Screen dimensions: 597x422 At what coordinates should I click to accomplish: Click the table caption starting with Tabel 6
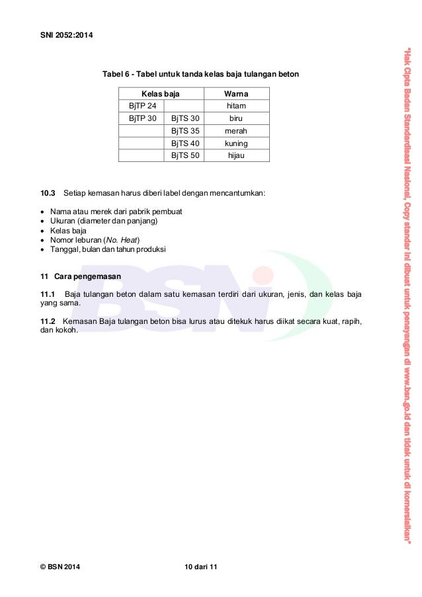click(200, 75)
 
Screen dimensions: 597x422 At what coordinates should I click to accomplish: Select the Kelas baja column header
click(161, 94)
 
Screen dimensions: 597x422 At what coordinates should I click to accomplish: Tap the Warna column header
click(236, 94)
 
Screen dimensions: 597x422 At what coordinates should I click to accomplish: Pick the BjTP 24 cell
click(142, 106)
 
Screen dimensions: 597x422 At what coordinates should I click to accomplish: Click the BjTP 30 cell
click(142, 118)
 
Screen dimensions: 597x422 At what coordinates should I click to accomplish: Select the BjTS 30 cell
click(185, 118)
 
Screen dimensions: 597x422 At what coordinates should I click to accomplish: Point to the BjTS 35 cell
click(185, 131)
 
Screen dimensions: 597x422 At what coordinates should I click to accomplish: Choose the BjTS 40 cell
click(185, 143)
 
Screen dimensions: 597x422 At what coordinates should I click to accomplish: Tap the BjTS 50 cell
click(185, 155)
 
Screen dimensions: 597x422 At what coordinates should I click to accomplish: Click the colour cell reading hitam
click(236, 106)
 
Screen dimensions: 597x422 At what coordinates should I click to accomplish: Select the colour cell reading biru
click(236, 118)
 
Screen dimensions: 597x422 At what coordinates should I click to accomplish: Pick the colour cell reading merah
click(236, 131)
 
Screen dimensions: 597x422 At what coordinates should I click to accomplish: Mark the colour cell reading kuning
click(236, 143)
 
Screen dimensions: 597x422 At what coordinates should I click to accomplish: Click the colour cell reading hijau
click(236, 155)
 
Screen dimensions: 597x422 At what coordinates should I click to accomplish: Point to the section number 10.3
click(48, 193)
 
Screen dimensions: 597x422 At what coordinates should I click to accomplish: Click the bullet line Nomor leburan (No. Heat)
click(95, 240)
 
